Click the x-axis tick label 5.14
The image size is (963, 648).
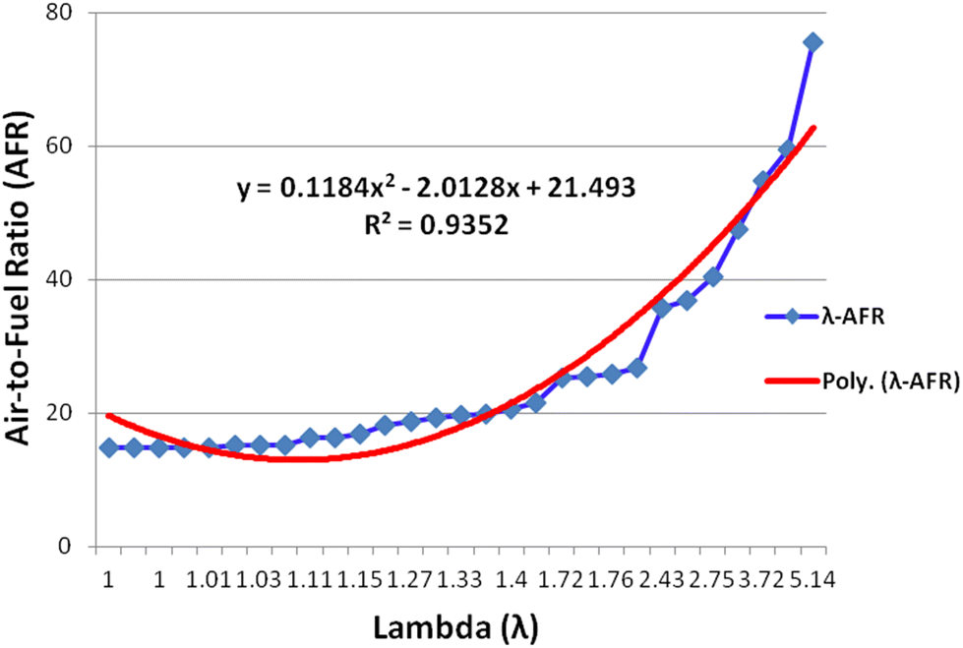[813, 580]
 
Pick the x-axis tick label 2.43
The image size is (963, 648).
[661, 580]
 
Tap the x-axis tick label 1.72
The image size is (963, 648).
[561, 580]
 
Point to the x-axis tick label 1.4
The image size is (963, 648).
[511, 580]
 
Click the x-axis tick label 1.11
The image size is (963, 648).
[310, 580]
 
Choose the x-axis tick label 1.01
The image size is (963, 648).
[209, 580]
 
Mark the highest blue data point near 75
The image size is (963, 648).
[813, 42]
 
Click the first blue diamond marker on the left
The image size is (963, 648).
[108, 447]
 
